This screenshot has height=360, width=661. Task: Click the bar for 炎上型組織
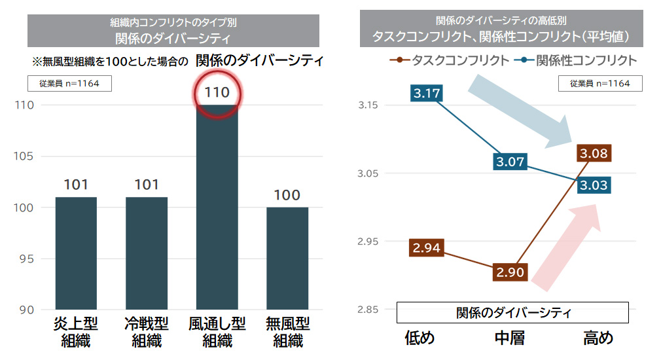click(x=76, y=253)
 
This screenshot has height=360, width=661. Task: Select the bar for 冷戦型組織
click(x=147, y=253)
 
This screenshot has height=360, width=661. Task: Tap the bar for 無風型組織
click(x=287, y=258)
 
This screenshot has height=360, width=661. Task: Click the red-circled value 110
click(x=217, y=92)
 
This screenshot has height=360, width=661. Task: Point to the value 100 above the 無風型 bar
click(x=287, y=195)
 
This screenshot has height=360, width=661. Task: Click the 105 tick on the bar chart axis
click(x=26, y=156)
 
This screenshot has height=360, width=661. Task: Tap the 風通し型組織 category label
click(x=217, y=332)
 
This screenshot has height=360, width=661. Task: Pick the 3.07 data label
click(x=510, y=161)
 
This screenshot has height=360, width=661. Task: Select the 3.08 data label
click(x=594, y=154)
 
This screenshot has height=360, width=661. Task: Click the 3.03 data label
click(x=594, y=185)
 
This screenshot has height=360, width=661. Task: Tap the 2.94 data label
click(x=427, y=248)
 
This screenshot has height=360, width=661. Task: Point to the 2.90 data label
click(x=510, y=272)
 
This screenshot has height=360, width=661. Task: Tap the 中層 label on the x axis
click(x=510, y=338)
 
